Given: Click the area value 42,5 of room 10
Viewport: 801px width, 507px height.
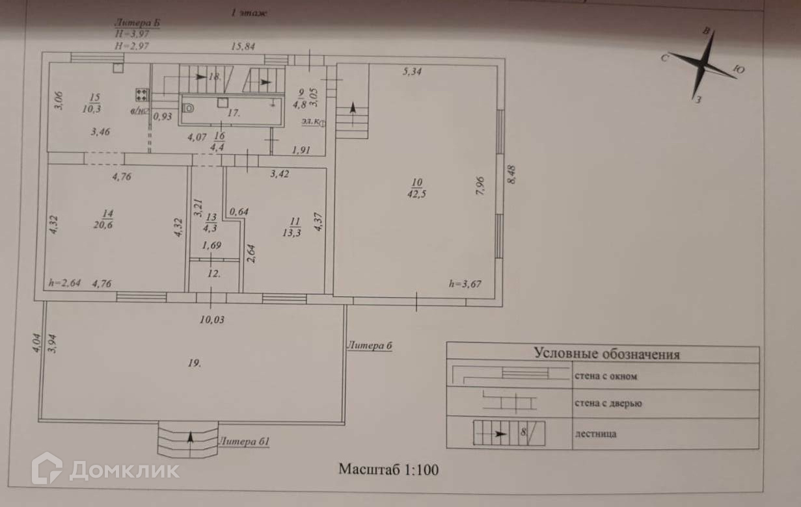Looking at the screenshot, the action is tap(417, 194).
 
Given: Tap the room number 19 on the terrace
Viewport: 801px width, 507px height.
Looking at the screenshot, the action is tap(194, 363).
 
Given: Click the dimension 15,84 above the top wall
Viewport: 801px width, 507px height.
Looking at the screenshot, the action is tap(244, 47).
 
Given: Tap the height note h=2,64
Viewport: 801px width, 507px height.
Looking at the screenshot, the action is tap(64, 283).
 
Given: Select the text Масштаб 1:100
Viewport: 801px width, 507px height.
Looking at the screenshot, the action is tap(388, 469).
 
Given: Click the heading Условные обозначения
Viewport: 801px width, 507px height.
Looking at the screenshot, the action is tap(606, 354).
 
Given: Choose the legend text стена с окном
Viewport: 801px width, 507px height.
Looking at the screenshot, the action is tap(605, 376).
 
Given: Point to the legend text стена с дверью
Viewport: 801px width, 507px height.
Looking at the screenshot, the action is tap(608, 404).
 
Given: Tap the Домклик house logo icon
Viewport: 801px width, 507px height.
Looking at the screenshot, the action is tap(47, 469).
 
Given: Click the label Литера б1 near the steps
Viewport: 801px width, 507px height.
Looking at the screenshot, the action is tap(244, 441).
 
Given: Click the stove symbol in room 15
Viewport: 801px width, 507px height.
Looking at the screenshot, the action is tap(141, 96).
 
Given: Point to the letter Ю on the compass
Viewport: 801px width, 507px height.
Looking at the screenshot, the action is tap(739, 69).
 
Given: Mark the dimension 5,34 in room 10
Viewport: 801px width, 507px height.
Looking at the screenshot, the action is tap(413, 71).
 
